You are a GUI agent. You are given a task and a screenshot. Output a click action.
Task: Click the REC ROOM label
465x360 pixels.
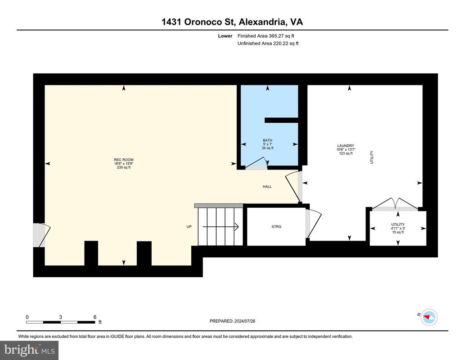point(124,160)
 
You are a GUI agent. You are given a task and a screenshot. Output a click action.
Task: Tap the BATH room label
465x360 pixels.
point(267,140)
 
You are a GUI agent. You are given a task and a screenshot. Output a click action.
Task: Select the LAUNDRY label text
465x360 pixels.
point(346,146)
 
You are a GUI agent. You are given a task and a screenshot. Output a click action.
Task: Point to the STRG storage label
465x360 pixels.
point(277,227)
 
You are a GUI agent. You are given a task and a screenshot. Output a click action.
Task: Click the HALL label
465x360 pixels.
point(267,187)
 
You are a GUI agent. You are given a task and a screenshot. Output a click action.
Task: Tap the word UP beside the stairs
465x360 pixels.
point(189,227)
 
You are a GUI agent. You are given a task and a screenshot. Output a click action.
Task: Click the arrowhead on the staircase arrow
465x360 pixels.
point(237,227)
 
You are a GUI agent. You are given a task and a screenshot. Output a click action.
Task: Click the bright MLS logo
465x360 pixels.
point(30,350)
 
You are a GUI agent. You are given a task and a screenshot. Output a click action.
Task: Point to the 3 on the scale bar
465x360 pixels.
point(60,317)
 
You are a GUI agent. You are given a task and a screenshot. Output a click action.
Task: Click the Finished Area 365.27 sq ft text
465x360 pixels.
point(266,36)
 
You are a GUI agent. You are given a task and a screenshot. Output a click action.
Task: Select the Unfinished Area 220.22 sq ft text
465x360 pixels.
point(268,43)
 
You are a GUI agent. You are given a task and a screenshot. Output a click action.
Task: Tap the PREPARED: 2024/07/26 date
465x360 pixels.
point(232,321)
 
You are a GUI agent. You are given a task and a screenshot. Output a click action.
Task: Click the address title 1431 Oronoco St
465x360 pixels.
point(198,22)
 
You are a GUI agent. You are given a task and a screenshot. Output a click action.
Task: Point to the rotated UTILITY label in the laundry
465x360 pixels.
point(371,157)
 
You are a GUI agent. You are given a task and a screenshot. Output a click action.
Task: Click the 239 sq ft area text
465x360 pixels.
point(124,167)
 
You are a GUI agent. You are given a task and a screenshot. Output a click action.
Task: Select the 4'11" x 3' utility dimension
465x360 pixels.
point(398,228)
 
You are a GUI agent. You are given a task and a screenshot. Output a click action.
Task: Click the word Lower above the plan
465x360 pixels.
point(225,36)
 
